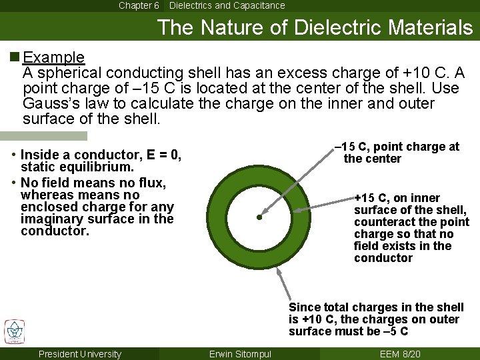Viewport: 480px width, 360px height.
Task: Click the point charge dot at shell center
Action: click(259, 217)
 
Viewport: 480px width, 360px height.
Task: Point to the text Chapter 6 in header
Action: click(139, 5)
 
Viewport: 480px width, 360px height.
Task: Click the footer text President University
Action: click(80, 354)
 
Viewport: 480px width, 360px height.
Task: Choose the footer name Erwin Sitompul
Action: click(240, 354)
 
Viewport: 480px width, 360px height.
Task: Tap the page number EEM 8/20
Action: click(399, 354)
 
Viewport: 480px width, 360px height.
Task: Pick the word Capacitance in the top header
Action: click(256, 5)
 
